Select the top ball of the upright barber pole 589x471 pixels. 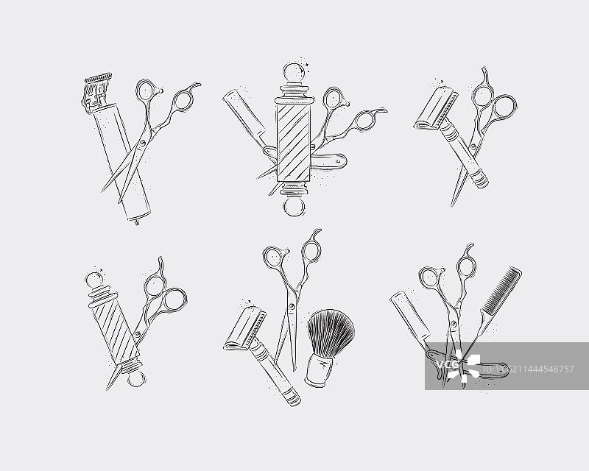294,73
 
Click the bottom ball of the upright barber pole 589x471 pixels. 294,207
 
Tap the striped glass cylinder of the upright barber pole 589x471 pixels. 294,143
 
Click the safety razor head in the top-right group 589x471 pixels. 436,107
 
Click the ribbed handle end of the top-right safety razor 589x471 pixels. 480,180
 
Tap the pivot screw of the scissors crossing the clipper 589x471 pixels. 142,143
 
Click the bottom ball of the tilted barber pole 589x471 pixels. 135,378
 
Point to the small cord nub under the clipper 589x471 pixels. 137,222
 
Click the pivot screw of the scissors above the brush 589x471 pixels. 292,306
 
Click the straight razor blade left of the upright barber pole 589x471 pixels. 244,116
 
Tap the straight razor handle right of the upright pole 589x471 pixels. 330,160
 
